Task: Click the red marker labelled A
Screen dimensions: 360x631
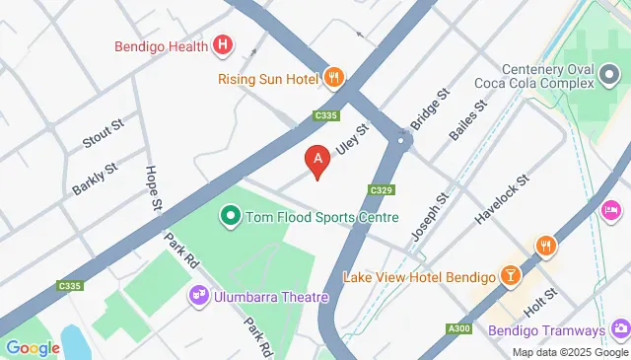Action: click(x=317, y=160)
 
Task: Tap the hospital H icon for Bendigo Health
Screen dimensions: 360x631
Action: click(x=225, y=44)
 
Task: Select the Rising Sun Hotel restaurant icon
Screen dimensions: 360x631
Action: click(x=335, y=77)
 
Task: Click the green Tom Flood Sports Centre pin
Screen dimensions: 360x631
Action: click(x=230, y=213)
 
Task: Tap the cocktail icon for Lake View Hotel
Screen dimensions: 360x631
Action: click(x=511, y=275)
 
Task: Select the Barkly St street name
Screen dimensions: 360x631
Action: click(x=95, y=180)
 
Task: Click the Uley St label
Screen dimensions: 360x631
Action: click(x=353, y=139)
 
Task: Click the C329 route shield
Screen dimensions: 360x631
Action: click(x=383, y=189)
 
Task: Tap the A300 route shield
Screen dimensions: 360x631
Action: click(x=459, y=328)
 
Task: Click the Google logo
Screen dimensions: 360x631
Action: click(x=34, y=347)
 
